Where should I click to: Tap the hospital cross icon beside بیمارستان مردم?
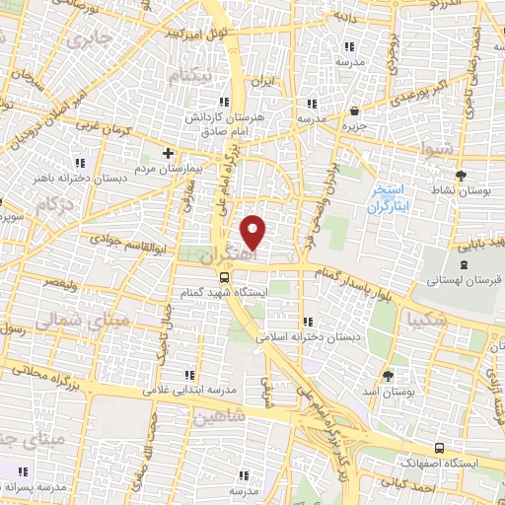pyautogui.click(x=169, y=153)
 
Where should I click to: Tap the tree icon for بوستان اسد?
pyautogui.click(x=389, y=377)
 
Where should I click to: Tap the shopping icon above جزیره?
pyautogui.click(x=354, y=111)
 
